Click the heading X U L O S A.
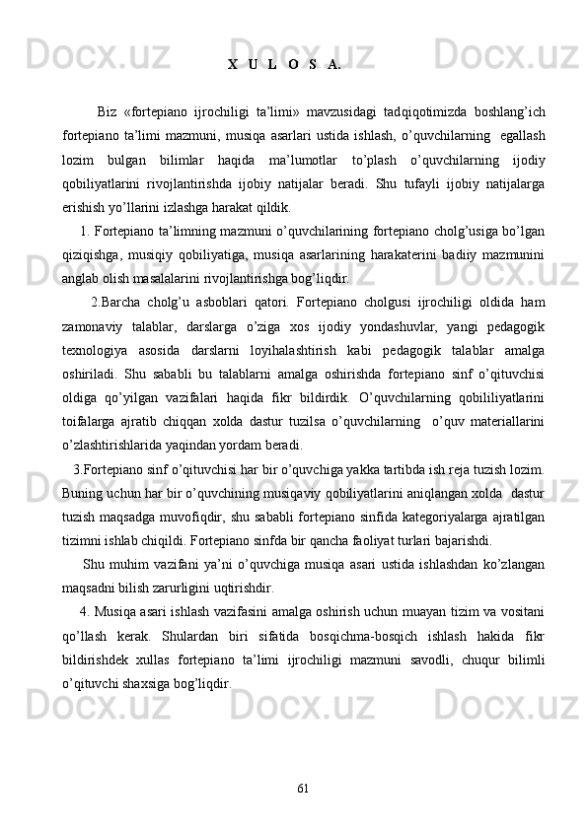284,65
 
